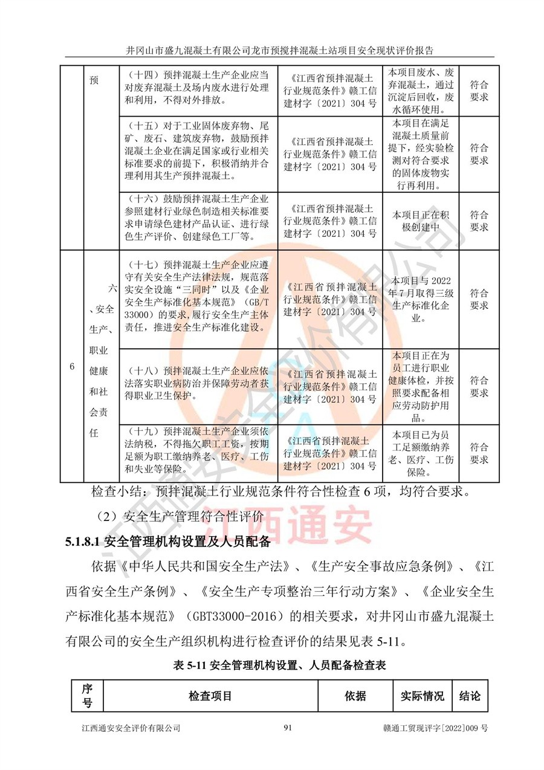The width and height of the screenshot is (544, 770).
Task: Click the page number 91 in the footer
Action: click(288, 728)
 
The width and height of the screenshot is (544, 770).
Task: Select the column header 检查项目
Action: click(210, 696)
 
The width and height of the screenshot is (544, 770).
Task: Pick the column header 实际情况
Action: click(422, 696)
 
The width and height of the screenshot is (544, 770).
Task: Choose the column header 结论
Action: click(470, 696)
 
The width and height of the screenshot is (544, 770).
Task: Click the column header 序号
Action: click(87, 696)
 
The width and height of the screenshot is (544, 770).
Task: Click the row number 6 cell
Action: click(72, 367)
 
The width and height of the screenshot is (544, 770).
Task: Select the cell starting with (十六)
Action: click(198, 217)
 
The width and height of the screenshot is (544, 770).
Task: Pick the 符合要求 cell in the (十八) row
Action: click(479, 386)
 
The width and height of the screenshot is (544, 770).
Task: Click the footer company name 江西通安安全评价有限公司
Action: click(131, 728)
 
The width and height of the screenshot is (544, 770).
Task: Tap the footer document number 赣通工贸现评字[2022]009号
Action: click(436, 728)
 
